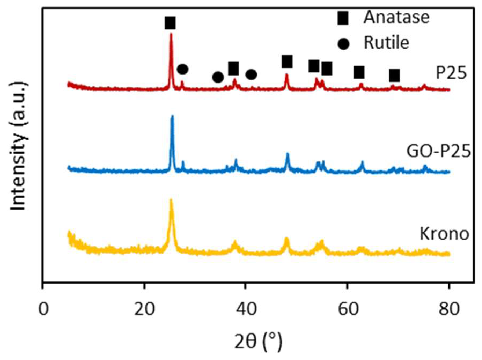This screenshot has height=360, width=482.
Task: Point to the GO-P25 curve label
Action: pyautogui.click(x=439, y=152)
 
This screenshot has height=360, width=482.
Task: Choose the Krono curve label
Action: pyautogui.click(x=444, y=233)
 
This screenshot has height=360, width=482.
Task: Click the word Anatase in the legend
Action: pyautogui.click(x=396, y=17)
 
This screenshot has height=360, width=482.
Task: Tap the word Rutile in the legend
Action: pyautogui.click(x=386, y=42)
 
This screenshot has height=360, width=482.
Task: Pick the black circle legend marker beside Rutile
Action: pyautogui.click(x=344, y=44)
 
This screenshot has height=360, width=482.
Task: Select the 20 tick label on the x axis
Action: pyautogui.click(x=145, y=309)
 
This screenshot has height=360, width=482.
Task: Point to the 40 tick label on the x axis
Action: pyautogui.click(x=246, y=309)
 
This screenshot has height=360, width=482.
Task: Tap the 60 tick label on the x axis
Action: pyautogui.click(x=348, y=309)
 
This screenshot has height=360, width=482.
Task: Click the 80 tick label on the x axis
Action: pyautogui.click(x=449, y=309)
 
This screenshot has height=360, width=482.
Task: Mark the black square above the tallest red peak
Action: pyautogui.click(x=170, y=23)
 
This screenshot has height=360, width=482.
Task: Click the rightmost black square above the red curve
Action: pyautogui.click(x=395, y=76)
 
